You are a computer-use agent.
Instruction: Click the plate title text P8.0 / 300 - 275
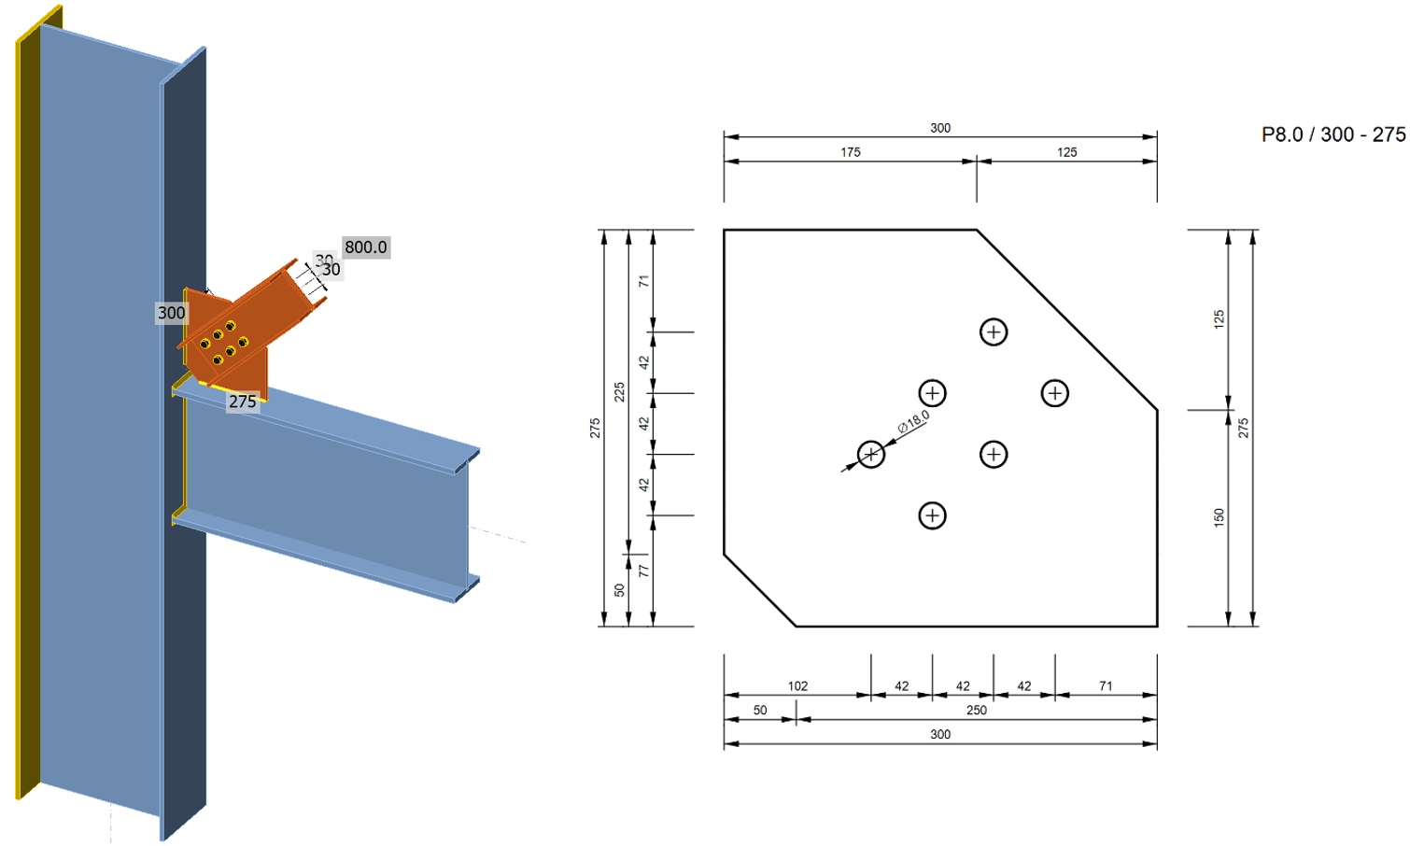point(1332,134)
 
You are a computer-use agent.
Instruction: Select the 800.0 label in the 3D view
point(365,247)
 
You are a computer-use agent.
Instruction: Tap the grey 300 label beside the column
point(171,313)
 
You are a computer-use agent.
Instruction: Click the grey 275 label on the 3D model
point(242,402)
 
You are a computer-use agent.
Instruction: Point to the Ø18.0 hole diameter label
point(913,422)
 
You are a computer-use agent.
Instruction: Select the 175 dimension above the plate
point(850,152)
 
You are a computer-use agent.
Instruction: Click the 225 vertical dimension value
point(619,392)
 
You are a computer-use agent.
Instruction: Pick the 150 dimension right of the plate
point(1219,517)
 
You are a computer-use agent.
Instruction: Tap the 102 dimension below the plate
point(797,686)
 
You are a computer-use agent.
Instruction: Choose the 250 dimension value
point(976,711)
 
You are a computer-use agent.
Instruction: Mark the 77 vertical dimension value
point(643,571)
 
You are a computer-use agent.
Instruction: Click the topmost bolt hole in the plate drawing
point(994,332)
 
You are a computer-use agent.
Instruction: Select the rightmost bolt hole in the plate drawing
point(1054,393)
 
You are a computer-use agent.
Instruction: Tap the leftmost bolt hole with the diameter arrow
point(871,455)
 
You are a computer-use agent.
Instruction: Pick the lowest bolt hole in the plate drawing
point(932,515)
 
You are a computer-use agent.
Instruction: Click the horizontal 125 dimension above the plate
point(1066,152)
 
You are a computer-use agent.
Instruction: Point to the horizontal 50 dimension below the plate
point(760,711)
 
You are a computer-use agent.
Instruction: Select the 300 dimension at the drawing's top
point(939,128)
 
